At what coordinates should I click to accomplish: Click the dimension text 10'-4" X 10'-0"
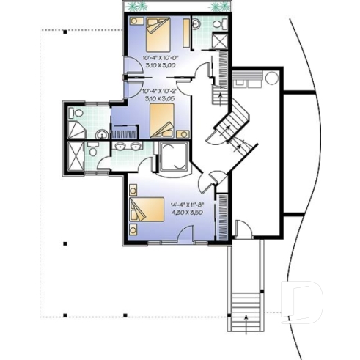153,56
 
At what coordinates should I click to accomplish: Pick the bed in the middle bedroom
162,120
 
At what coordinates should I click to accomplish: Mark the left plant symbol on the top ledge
134,7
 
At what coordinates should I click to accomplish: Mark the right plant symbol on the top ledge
218,7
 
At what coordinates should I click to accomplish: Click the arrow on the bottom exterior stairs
245,315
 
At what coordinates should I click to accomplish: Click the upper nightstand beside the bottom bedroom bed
133,191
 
